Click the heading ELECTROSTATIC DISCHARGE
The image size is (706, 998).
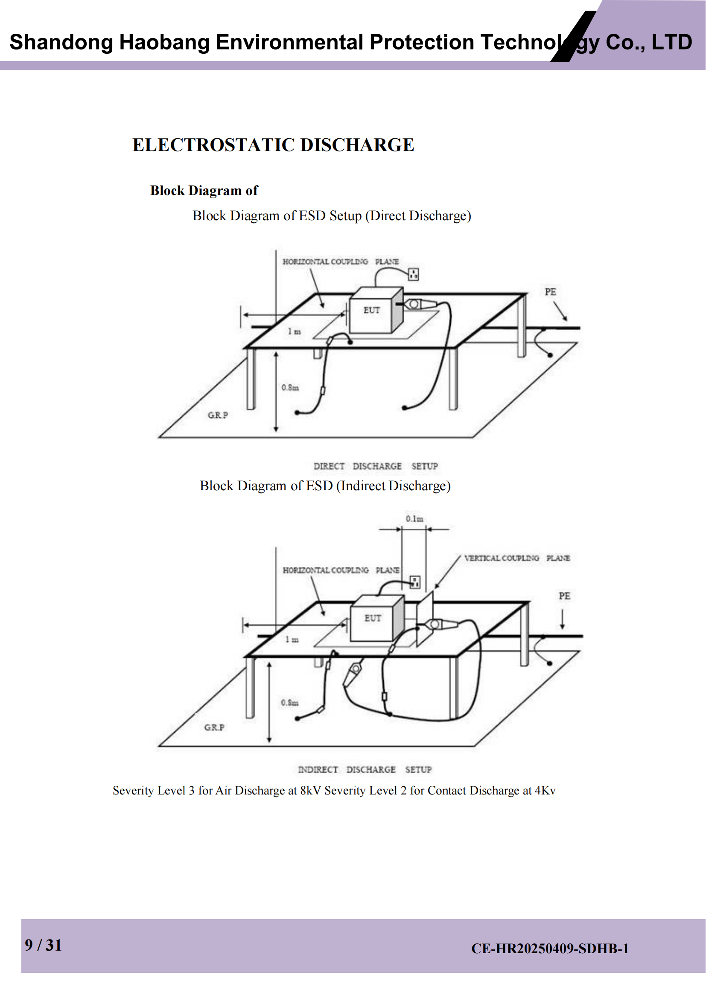coord(273,145)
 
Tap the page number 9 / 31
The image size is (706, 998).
coord(43,945)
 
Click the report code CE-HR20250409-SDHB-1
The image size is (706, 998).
coord(550,949)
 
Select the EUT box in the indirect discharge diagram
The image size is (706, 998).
coord(377,618)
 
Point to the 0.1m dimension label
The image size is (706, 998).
coord(415,518)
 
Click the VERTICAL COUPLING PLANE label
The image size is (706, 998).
coord(517,558)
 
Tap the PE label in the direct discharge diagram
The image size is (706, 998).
coord(550,292)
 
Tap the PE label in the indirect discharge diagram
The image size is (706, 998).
coord(564,596)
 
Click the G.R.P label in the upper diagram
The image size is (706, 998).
coord(218,415)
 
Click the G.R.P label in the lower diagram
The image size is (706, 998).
coord(214,727)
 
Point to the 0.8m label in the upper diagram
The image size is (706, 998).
coord(290,387)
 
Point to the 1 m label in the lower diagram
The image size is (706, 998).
coord(292,640)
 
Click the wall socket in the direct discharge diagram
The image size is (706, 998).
coord(414,274)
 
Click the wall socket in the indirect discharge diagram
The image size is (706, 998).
coord(415,582)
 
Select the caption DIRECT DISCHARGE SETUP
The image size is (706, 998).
coord(376,466)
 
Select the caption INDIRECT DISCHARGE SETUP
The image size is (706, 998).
coord(365,769)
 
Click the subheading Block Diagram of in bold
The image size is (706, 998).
coord(204,190)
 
